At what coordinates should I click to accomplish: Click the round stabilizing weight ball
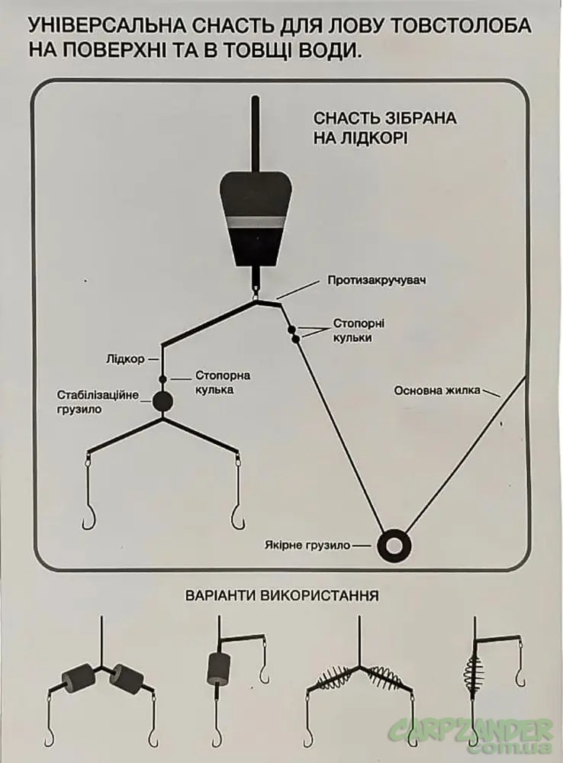[x=162, y=402]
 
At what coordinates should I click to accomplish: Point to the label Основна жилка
[x=437, y=391]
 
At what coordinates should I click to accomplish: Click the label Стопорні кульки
[x=352, y=330]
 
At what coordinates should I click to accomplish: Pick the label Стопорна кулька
[x=224, y=382]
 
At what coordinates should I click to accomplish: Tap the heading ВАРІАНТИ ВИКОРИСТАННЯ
[x=281, y=594]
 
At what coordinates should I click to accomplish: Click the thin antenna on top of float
[x=257, y=137]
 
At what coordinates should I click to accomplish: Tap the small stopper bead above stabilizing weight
[x=162, y=379]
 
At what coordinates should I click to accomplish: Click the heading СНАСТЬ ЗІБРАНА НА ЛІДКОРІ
[x=384, y=129]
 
